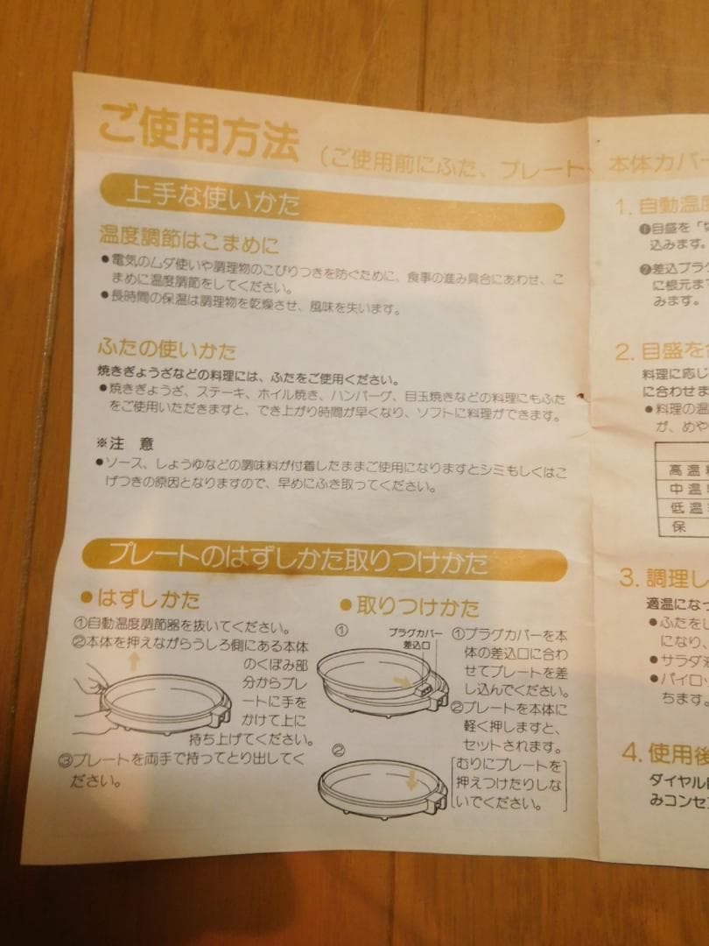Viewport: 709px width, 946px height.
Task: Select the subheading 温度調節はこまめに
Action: point(188,239)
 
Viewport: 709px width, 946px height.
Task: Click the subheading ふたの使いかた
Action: point(167,351)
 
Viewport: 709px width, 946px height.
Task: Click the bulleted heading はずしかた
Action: point(140,600)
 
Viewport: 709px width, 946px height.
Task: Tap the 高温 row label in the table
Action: point(682,469)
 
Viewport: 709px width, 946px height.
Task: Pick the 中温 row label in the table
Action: point(682,489)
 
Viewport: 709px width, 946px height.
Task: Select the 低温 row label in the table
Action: point(682,508)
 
